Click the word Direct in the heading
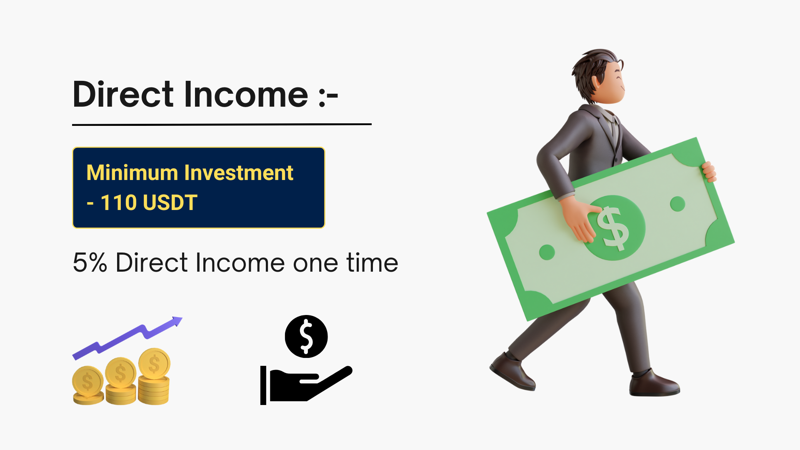[123, 94]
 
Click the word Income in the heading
[246, 94]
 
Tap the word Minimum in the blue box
[132, 172]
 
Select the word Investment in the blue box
[239, 172]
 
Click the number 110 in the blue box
[119, 202]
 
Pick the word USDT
[170, 202]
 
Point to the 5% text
[90, 262]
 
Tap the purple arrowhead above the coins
[177, 321]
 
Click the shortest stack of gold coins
[88, 385]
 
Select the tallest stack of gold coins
[154, 376]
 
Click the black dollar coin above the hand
[306, 336]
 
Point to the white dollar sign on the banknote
[612, 229]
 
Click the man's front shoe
[654, 384]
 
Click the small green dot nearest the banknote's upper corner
[677, 204]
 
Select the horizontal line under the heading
[222, 124]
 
